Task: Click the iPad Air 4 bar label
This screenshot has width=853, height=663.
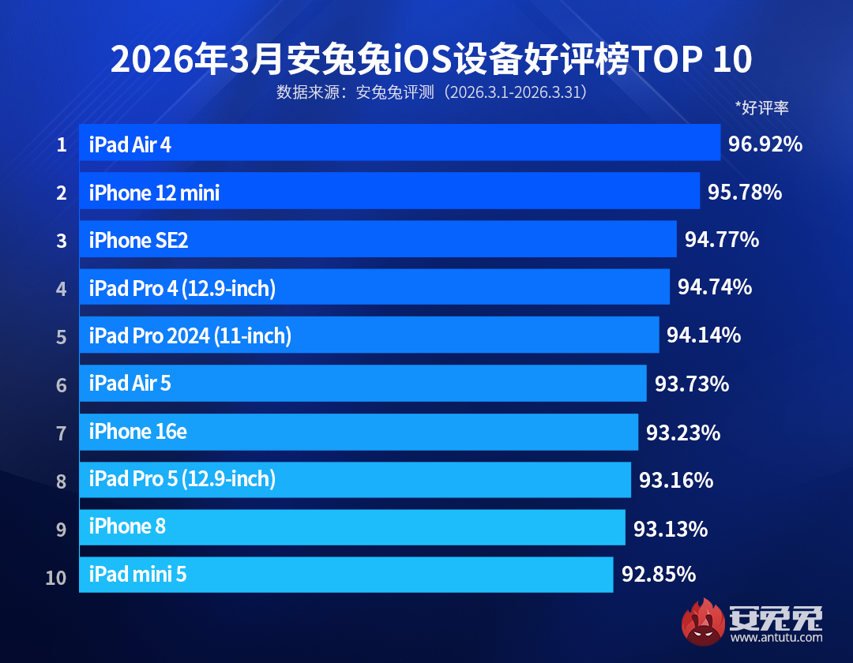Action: pyautogui.click(x=130, y=144)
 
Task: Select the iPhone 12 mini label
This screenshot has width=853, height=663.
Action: pyautogui.click(x=154, y=193)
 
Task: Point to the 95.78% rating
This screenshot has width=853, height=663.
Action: pyautogui.click(x=744, y=192)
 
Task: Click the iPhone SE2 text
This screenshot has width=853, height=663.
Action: pyautogui.click(x=138, y=241)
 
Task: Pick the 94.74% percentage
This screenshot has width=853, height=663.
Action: pyautogui.click(x=714, y=287)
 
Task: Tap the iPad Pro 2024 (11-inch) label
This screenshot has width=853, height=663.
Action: pyautogui.click(x=190, y=336)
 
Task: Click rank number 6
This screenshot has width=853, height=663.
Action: pyautogui.click(x=61, y=385)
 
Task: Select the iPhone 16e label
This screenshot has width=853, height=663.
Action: pyautogui.click(x=137, y=432)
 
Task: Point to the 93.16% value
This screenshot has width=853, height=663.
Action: pyautogui.click(x=675, y=480)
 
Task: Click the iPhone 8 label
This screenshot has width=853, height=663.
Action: pyautogui.click(x=127, y=526)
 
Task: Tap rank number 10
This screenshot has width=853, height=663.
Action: pyautogui.click(x=56, y=578)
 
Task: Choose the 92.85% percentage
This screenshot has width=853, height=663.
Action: pyautogui.click(x=658, y=574)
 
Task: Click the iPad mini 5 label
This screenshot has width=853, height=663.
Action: pyautogui.click(x=137, y=575)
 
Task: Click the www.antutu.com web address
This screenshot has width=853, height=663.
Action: pyautogui.click(x=777, y=637)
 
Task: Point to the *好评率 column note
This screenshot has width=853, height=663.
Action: pyautogui.click(x=761, y=107)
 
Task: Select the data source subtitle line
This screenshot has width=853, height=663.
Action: pyautogui.click(x=430, y=92)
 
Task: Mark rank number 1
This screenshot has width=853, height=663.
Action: pyautogui.click(x=61, y=145)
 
